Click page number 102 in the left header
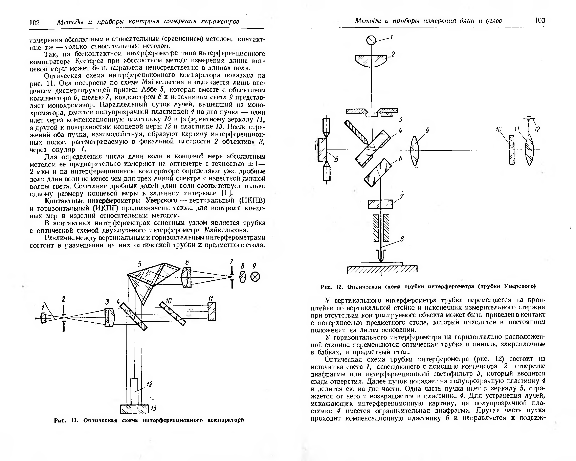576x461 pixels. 35,22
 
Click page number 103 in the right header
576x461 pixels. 540,21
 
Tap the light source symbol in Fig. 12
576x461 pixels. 371,41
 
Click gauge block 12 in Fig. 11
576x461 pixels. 134,391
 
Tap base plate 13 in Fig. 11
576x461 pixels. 134,409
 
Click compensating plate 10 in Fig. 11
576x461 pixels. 172,313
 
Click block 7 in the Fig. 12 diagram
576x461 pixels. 381,205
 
